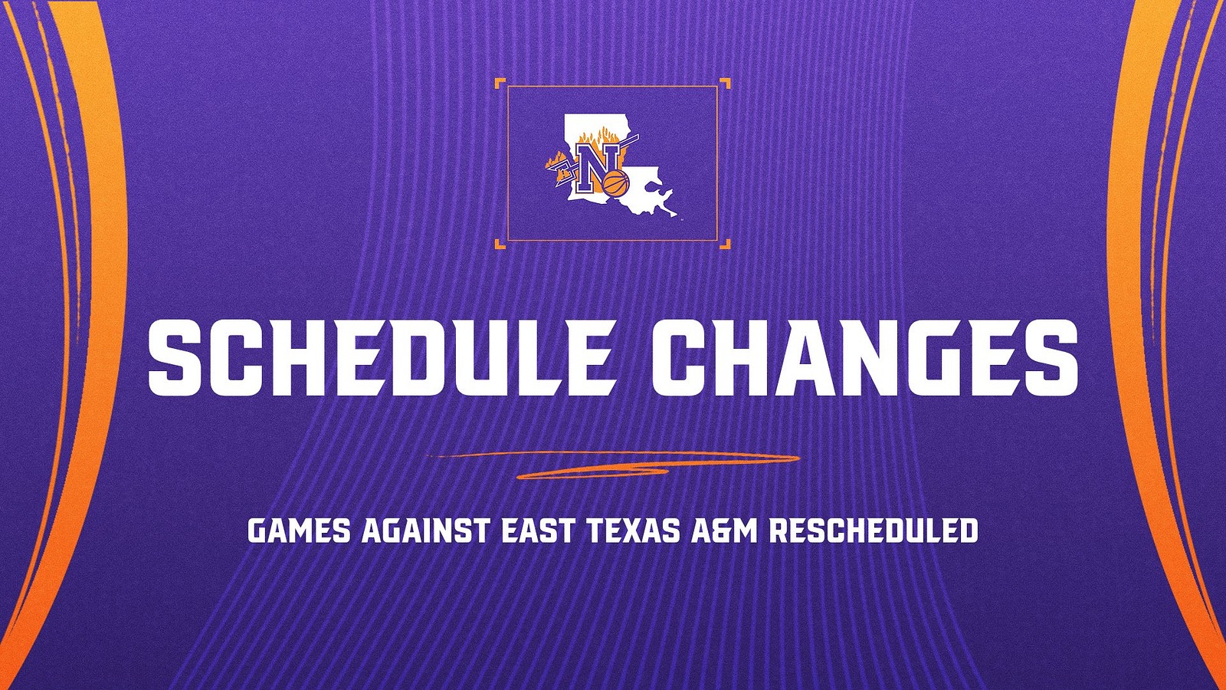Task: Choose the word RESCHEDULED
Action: click(x=874, y=531)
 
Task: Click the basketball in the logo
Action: click(x=615, y=184)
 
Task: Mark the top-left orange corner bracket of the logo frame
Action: click(x=500, y=83)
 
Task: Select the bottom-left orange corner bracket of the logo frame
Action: click(x=500, y=245)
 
